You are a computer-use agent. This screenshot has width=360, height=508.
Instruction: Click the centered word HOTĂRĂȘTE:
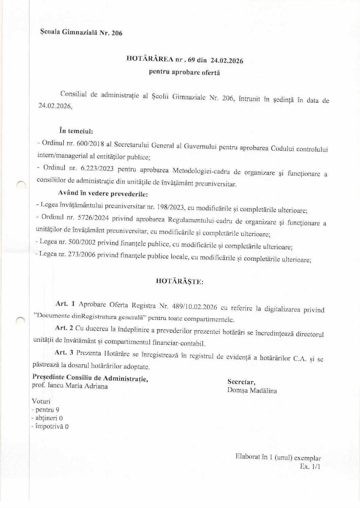180,281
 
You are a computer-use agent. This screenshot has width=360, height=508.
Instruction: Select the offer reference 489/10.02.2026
198,309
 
